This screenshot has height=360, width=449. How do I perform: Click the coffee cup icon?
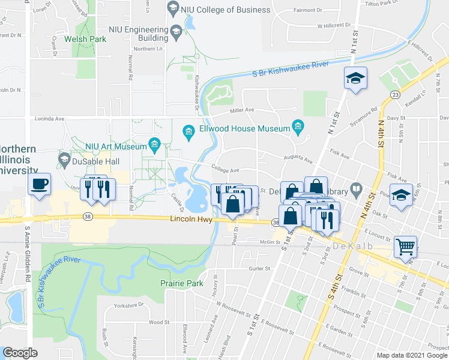click(x=39, y=184)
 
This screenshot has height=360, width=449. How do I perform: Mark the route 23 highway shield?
click(x=396, y=95)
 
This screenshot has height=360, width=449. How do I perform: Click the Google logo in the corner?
click(x=20, y=353)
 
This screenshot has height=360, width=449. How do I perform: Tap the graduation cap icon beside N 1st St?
click(x=355, y=78)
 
